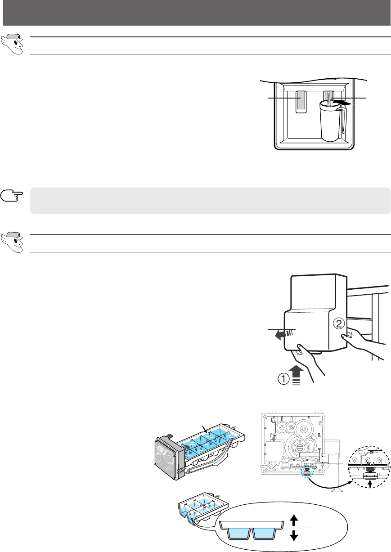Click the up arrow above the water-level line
(293, 521)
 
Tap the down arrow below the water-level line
(293, 535)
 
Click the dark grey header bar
(195, 13)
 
